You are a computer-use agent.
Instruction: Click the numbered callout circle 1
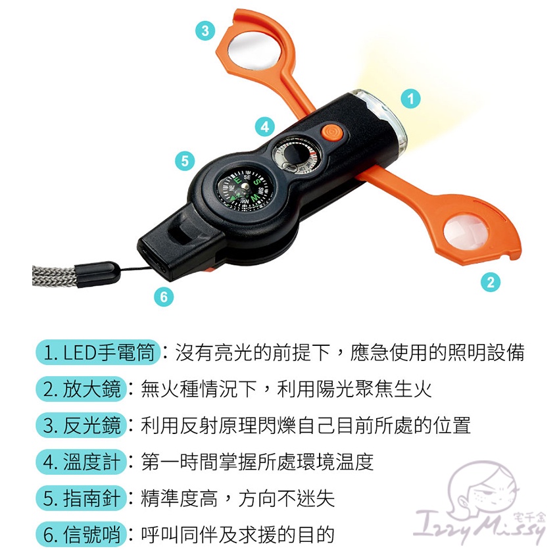pos(410,99)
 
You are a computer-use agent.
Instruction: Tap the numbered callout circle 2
pos(491,282)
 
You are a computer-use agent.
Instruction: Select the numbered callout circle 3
pos(205,30)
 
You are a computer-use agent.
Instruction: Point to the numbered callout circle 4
pos(265,126)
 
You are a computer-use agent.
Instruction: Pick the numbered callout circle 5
pos(185,160)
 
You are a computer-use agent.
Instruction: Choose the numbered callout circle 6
pos(164,296)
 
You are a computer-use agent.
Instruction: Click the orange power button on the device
pos(332,132)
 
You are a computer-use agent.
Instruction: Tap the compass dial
pos(245,188)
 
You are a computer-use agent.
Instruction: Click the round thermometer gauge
pos(295,155)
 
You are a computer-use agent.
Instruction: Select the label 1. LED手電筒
pos(98,352)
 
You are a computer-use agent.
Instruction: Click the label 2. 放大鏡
pos(82,389)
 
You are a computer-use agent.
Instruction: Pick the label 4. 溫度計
pos(82,462)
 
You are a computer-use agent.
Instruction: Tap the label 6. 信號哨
pos(82,535)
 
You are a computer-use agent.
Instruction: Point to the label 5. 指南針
pos(82,498)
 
